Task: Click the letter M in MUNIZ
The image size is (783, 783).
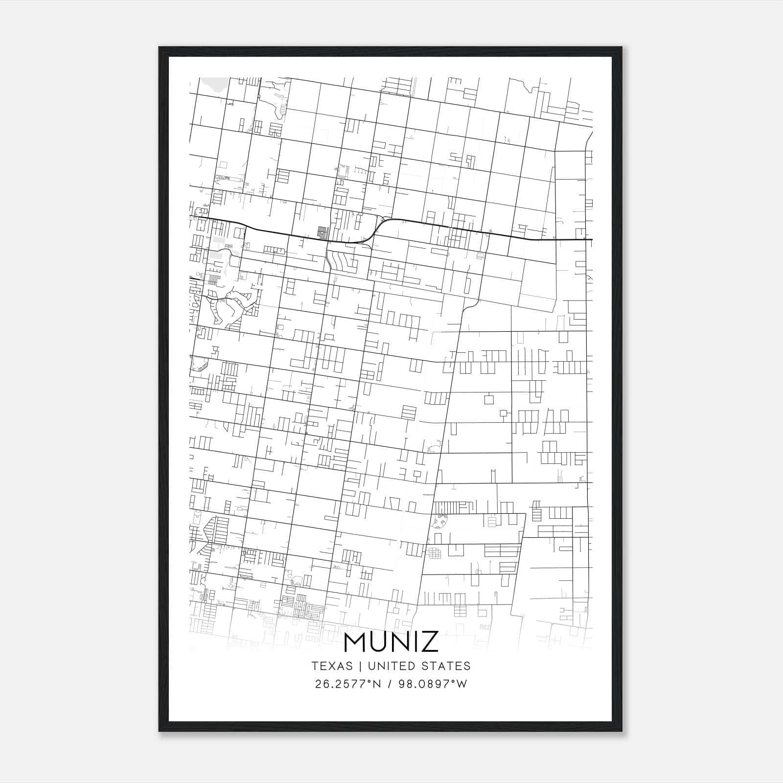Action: click(357, 643)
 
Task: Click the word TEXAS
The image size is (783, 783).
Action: click(332, 666)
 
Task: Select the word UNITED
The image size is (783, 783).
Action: click(391, 666)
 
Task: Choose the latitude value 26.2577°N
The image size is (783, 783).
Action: click(348, 684)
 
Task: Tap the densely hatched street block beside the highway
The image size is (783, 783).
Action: click(322, 231)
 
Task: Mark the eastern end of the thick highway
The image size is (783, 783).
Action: click(591, 239)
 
